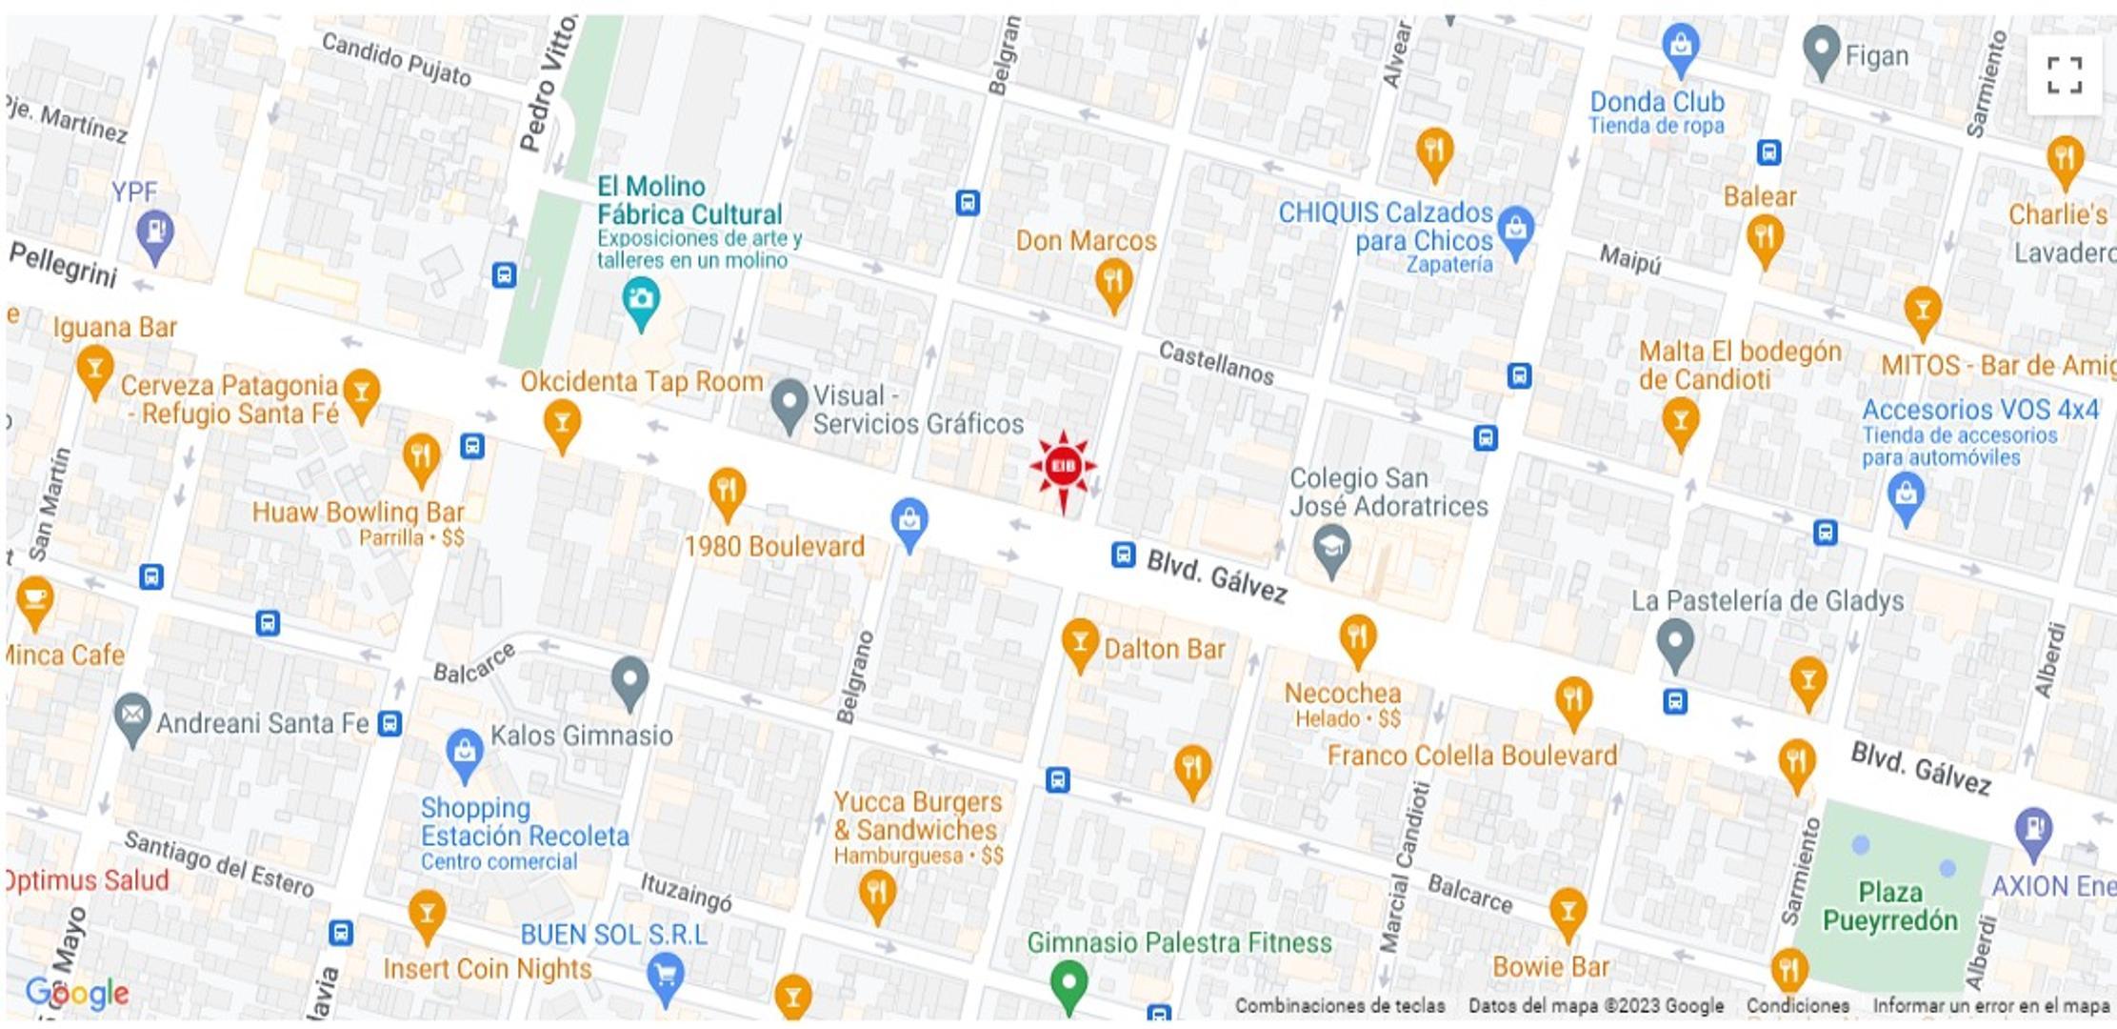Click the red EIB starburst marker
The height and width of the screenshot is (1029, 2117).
(x=1063, y=467)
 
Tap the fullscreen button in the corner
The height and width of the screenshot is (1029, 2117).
(x=2064, y=75)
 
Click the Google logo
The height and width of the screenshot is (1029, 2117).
(x=78, y=993)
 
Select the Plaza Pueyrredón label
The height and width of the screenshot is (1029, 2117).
(x=1889, y=906)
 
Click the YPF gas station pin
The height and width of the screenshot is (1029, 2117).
(x=154, y=233)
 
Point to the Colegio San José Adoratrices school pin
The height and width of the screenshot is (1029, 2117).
(x=1331, y=550)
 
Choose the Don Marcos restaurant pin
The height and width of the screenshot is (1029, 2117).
(x=1112, y=283)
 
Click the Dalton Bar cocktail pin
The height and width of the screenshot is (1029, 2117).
(x=1080, y=641)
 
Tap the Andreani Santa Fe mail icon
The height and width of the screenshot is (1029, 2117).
(x=132, y=717)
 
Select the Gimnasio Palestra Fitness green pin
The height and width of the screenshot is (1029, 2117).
(x=1068, y=982)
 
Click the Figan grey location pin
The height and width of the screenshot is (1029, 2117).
(x=1822, y=50)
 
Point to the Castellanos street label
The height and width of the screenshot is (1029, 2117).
(x=1216, y=363)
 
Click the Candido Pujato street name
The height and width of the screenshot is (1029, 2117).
(x=396, y=59)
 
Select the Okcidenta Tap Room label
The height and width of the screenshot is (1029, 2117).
(x=641, y=382)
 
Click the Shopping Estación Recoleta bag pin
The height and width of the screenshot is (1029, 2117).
(x=465, y=754)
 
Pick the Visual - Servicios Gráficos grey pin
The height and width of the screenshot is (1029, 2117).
(x=789, y=404)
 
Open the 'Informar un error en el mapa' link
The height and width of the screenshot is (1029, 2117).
(x=1990, y=1005)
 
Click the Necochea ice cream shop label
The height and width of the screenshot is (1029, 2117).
(x=1343, y=694)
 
